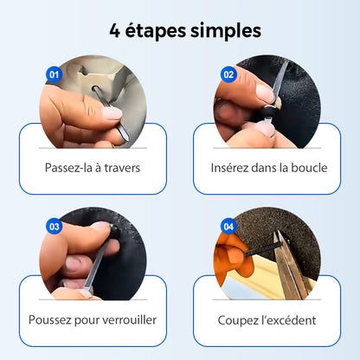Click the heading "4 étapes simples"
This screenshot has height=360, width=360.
click(180, 30)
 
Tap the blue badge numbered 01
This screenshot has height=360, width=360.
click(54, 74)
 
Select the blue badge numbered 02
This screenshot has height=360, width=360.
click(228, 74)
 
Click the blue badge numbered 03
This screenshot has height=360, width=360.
click(54, 227)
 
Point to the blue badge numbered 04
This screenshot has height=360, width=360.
click(228, 227)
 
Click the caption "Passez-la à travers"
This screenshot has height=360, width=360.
click(93, 166)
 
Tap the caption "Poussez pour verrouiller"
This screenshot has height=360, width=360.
click(93, 319)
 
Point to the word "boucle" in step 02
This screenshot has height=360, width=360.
click(309, 166)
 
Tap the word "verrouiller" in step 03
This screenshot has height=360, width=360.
click(127, 319)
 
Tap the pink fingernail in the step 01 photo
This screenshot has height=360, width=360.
click(112, 113)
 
